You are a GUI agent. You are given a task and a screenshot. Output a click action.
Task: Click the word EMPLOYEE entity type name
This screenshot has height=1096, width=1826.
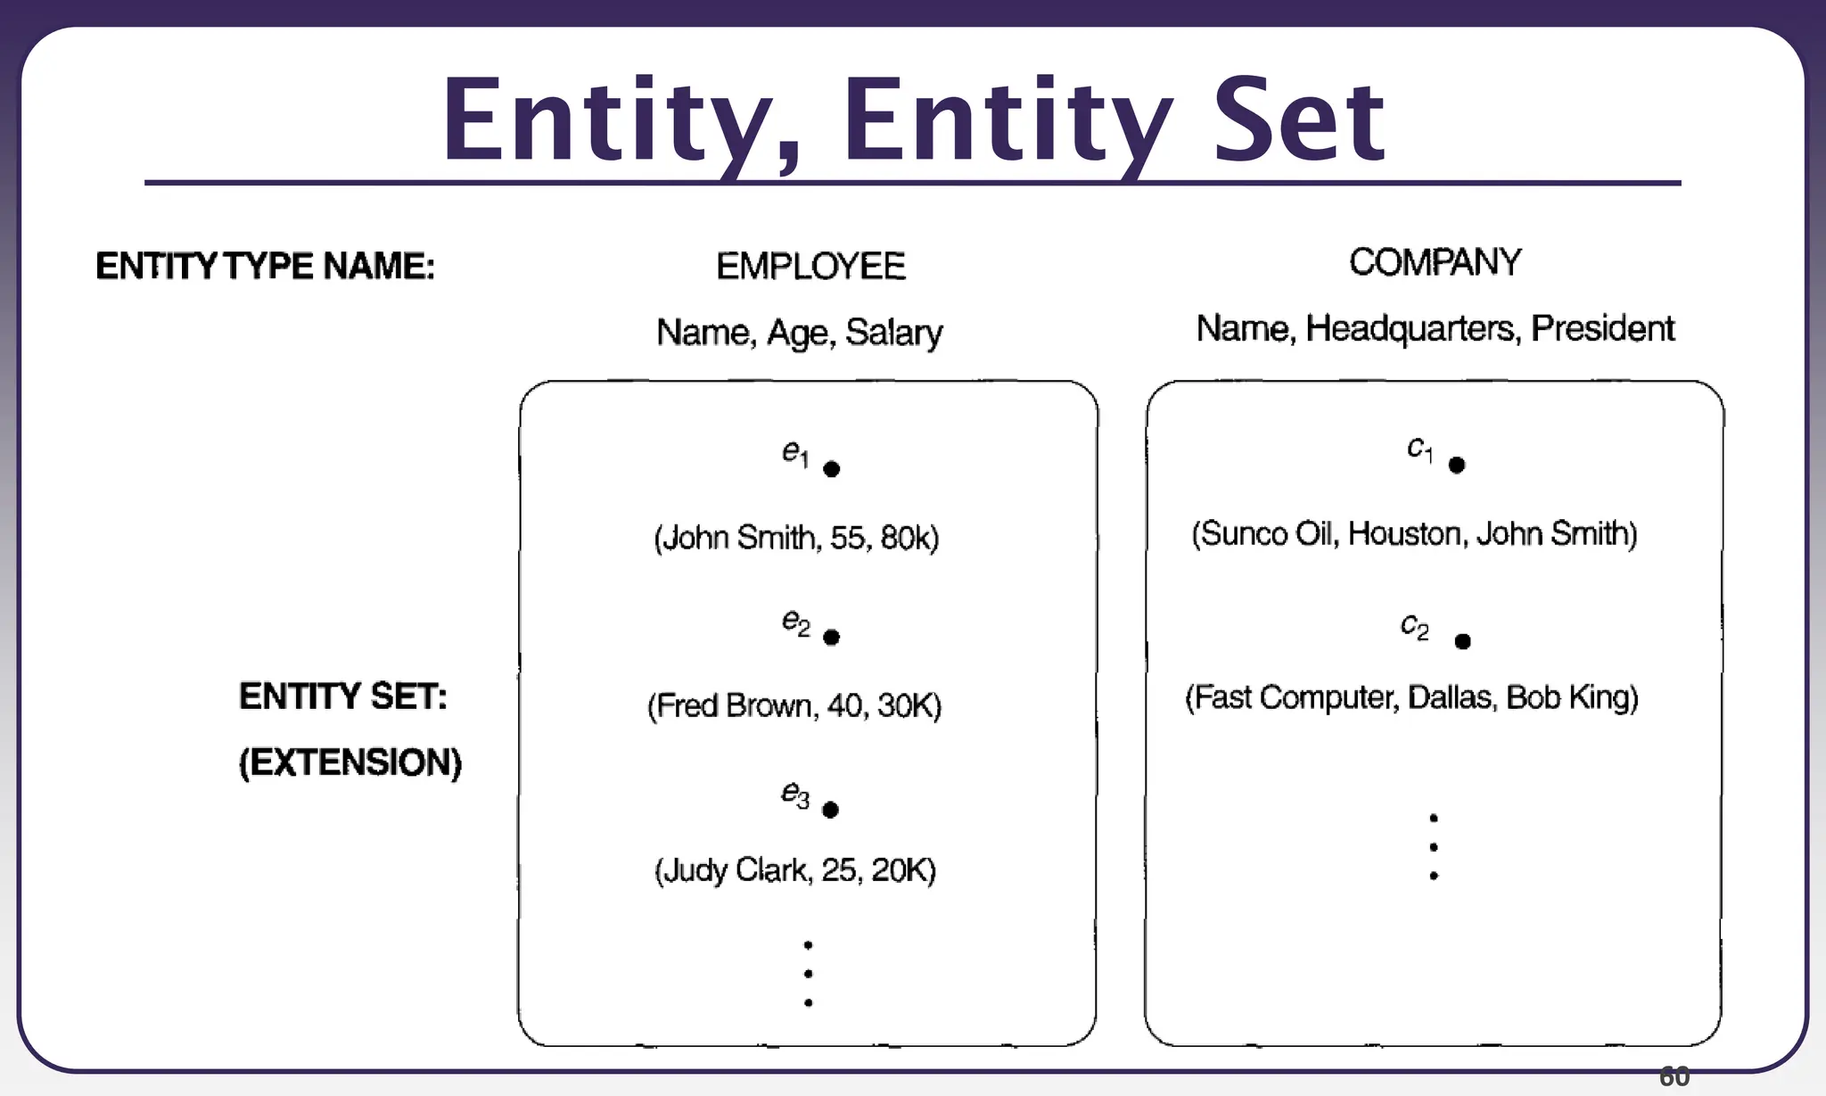[x=810, y=267]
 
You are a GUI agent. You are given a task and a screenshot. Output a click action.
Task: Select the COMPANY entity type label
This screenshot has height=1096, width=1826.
[x=1435, y=262]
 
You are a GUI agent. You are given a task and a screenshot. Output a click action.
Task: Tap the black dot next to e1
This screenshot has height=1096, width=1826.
[x=832, y=469]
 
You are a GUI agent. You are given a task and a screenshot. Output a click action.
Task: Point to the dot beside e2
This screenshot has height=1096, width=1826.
[x=832, y=637]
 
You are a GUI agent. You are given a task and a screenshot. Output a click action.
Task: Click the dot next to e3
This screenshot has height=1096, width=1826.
[x=830, y=810]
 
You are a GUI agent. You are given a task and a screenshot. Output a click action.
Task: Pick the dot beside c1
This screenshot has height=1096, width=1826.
[x=1457, y=465]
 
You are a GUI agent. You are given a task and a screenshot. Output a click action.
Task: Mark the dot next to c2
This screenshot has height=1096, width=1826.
[x=1462, y=641]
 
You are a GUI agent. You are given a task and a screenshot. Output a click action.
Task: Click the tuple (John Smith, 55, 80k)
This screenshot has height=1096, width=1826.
[x=796, y=538]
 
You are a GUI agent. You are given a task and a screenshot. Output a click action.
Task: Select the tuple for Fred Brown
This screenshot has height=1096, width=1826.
[x=794, y=705]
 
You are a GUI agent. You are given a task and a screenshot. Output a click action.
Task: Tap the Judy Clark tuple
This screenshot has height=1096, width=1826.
[x=795, y=869]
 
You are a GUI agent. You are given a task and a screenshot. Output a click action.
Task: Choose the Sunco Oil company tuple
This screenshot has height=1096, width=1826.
[x=1414, y=533]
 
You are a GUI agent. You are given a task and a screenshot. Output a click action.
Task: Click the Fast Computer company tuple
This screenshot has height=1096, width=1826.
[x=1411, y=697]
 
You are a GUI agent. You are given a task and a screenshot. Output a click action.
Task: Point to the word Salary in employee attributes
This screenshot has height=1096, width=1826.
[x=893, y=333]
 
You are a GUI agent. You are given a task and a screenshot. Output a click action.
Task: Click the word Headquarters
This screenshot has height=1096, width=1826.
[x=1411, y=329]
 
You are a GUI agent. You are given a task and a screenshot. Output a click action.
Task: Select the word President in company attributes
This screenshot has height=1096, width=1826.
[x=1602, y=328]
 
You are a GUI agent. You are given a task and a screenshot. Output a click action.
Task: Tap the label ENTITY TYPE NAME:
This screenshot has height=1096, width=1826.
[x=265, y=267]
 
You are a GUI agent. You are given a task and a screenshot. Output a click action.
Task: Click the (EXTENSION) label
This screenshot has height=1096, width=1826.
[x=350, y=762]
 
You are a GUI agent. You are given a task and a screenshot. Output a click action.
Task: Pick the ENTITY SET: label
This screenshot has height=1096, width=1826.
[x=343, y=696]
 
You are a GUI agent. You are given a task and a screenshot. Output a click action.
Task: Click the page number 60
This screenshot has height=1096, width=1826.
[x=1674, y=1077]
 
